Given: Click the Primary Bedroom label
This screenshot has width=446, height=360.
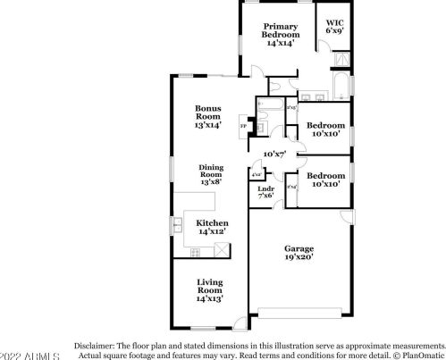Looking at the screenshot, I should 280,34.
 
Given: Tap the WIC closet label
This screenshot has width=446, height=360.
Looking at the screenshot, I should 334,27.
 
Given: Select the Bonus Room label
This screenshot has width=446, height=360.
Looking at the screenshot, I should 207,117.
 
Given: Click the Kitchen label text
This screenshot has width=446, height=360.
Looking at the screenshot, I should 212,227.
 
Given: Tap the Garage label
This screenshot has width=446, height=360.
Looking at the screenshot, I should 299,253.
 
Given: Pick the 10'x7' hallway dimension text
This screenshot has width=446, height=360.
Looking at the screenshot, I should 273,155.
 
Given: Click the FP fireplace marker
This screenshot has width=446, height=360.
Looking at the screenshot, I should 243,126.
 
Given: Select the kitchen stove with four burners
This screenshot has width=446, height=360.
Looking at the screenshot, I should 196,253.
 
